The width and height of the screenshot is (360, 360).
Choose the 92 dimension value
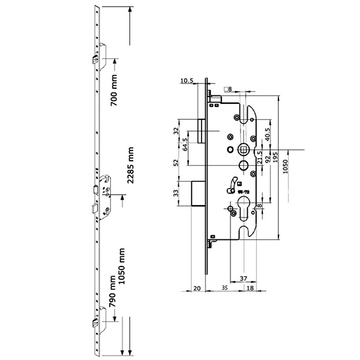coord(268,160)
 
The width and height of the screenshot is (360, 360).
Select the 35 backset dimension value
coord(224,289)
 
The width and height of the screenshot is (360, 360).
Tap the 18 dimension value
coord(250,289)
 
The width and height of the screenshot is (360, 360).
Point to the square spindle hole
coord(244,147)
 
